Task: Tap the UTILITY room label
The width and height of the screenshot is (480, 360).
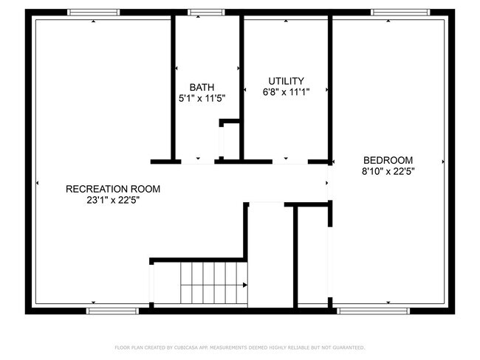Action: tap(286, 81)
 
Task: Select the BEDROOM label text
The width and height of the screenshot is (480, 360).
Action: tap(388, 160)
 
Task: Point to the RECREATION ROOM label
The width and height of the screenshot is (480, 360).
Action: tap(113, 189)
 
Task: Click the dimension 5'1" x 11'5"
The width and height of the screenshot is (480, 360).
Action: tap(202, 97)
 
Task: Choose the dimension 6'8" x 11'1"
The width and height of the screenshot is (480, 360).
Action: tap(286, 92)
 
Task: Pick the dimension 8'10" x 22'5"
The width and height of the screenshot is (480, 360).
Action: tap(388, 171)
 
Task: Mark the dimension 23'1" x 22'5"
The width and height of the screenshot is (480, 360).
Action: tap(113, 200)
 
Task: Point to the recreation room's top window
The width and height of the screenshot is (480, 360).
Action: tap(93, 12)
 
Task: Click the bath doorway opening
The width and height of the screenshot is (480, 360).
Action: tap(197, 161)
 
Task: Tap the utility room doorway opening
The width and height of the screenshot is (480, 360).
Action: tap(287, 161)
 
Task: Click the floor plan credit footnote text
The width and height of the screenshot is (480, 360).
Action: tap(240, 347)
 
